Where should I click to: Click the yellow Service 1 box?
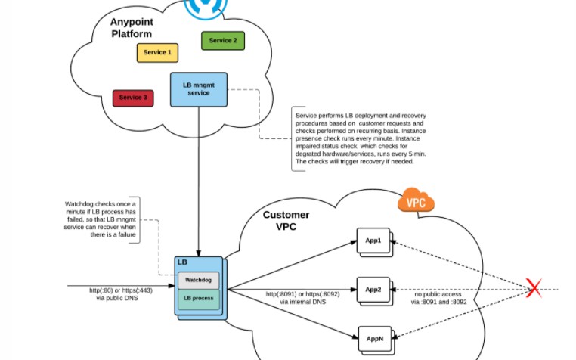158,53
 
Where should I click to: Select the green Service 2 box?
222,40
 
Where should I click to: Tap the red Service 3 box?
134,98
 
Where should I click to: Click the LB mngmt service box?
198,88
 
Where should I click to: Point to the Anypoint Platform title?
131,28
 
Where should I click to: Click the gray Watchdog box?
199,280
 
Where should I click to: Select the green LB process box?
199,298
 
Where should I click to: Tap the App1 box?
373,242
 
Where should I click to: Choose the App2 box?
373,290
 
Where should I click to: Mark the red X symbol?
534,290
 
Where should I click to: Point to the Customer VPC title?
286,221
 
